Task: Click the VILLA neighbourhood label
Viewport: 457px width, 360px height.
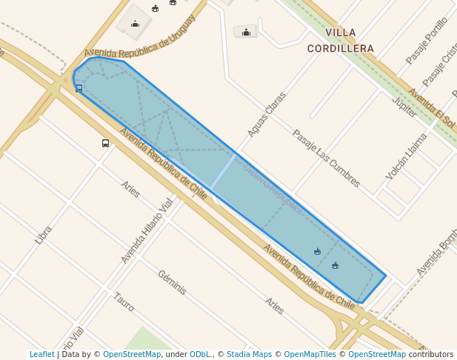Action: pos(341,33)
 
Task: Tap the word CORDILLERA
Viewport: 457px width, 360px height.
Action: pos(341,48)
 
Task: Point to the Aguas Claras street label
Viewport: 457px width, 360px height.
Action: pos(267,115)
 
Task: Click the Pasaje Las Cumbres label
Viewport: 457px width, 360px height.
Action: pos(326,159)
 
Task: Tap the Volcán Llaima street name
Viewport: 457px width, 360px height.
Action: pos(407,156)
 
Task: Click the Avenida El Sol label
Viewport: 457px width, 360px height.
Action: pos(432,107)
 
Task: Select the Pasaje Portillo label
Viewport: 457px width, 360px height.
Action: pos(427,41)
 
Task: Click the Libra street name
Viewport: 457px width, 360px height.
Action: pos(44,235)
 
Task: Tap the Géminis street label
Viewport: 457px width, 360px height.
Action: pos(172,282)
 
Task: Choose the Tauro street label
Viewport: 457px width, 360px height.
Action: pos(124,301)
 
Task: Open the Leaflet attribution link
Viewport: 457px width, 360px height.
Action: pos(42,355)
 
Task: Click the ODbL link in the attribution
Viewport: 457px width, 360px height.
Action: pos(201,355)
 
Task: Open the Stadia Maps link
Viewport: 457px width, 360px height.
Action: pos(249,355)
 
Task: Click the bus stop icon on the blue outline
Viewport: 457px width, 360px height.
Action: pos(79,88)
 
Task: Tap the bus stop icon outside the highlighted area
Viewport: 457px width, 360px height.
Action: pos(105,143)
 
